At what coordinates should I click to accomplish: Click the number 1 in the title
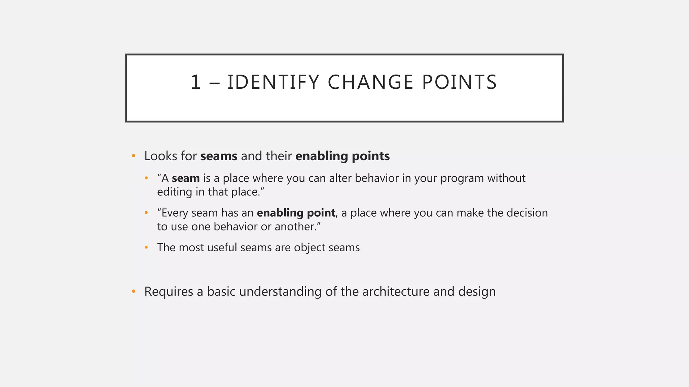[x=195, y=82]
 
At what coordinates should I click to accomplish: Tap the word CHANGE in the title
[x=370, y=82]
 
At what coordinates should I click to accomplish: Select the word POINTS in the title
[x=459, y=82]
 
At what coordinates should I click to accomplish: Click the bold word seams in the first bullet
[x=219, y=156]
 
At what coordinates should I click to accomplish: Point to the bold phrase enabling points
[x=342, y=156]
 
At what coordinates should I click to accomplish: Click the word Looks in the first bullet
[x=161, y=156]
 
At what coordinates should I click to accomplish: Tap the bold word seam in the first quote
[x=186, y=178]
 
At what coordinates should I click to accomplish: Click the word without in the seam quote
[x=506, y=178]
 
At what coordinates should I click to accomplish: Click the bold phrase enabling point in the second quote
[x=296, y=213]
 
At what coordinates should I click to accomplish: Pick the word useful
[x=222, y=248]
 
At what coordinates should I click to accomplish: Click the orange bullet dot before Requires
[x=134, y=291]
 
